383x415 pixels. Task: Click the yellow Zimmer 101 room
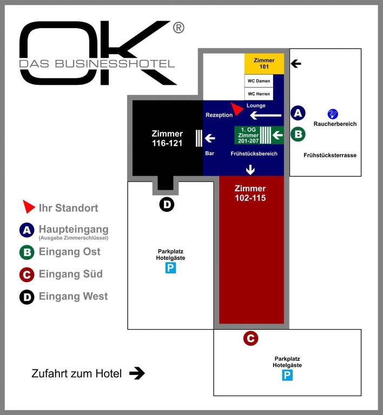click(265, 64)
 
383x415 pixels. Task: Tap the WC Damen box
click(259, 81)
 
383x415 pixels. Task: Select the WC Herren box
click(259, 94)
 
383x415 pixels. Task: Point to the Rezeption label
click(219, 115)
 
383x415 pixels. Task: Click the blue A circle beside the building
click(298, 113)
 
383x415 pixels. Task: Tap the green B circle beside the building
click(298, 134)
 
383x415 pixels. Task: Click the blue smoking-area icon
click(333, 113)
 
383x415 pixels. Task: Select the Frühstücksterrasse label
click(330, 156)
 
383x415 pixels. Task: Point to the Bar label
click(210, 153)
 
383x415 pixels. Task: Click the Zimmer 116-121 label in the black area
click(167, 138)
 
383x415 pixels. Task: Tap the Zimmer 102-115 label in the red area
click(250, 193)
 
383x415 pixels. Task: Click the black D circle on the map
click(167, 205)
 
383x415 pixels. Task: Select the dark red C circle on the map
click(250, 339)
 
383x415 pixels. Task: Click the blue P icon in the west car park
click(170, 267)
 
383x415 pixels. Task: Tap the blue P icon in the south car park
click(287, 375)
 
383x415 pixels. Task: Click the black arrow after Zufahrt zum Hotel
click(137, 373)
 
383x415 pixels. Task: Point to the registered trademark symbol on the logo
click(179, 28)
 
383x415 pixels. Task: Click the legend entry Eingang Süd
click(70, 274)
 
